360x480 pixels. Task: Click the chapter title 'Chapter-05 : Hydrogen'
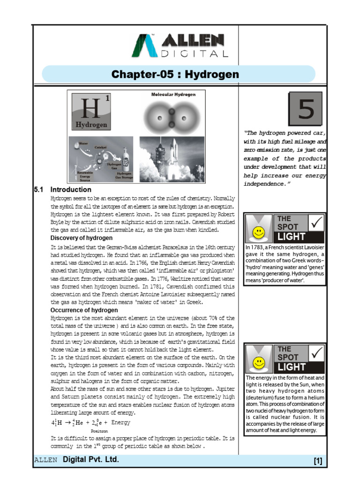click(x=175, y=75)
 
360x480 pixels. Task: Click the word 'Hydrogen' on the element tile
click(x=92, y=125)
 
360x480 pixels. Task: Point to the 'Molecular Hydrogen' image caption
click(x=173, y=94)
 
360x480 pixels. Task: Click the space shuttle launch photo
click(x=172, y=159)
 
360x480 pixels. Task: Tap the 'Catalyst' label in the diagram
click(x=101, y=147)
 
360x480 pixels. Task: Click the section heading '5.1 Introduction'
click(x=63, y=190)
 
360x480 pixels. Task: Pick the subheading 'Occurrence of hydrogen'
click(x=84, y=310)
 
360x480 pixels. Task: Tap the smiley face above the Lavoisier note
click(x=257, y=232)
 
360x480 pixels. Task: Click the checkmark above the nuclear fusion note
click(x=316, y=353)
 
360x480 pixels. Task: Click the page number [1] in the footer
click(x=318, y=461)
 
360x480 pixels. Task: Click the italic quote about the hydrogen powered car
click(x=285, y=158)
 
